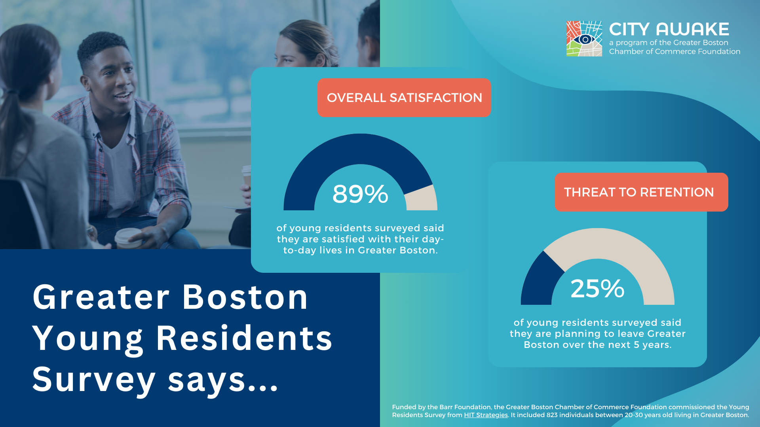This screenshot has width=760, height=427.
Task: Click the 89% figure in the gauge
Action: [x=360, y=194]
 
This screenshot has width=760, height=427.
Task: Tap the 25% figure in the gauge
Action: [x=597, y=289]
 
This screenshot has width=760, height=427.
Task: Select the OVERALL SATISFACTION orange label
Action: [x=404, y=98]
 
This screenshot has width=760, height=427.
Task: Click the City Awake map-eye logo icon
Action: [x=584, y=39]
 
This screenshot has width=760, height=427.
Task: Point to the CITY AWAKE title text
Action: [x=669, y=29]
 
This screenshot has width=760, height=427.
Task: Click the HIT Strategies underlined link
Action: [x=486, y=415]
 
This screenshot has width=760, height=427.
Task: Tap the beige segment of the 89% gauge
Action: [x=422, y=198]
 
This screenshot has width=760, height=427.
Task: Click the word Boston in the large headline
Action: [x=245, y=297]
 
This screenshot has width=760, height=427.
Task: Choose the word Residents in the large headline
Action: [x=244, y=338]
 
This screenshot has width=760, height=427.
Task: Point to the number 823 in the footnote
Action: [x=552, y=415]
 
